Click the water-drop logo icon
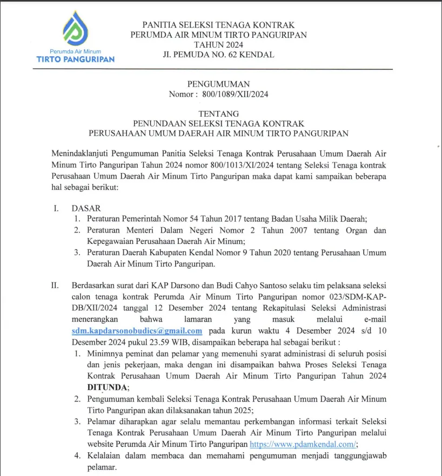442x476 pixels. point(76,29)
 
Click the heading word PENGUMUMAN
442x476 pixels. point(218,84)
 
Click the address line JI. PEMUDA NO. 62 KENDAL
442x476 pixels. point(218,55)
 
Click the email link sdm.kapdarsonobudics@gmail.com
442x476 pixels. point(137,330)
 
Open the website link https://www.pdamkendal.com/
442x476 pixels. point(303,444)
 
